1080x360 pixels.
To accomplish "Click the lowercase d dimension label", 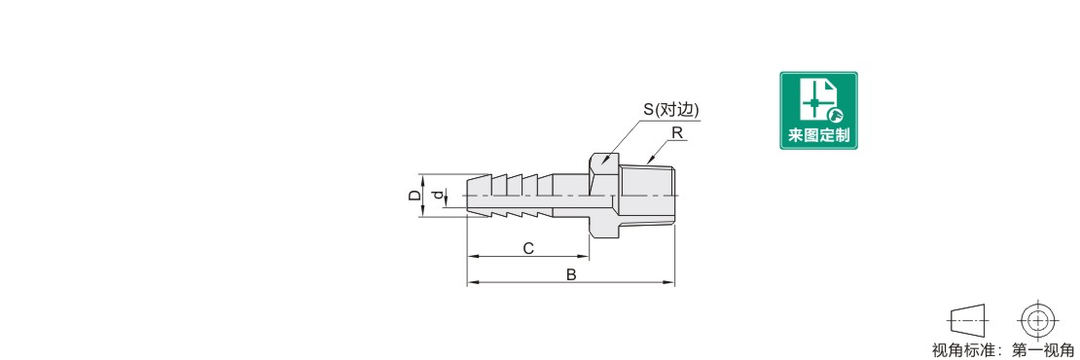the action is (x=437, y=197).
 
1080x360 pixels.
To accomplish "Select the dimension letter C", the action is (x=528, y=248).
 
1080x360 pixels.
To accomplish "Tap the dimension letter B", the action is (x=571, y=274).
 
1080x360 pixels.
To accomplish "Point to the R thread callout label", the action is (x=677, y=133).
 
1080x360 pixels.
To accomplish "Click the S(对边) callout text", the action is (x=671, y=110).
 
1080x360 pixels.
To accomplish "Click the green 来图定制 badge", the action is (x=818, y=110).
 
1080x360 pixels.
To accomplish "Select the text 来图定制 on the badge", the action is (x=818, y=135).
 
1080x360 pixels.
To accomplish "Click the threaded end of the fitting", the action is (x=648, y=197).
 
